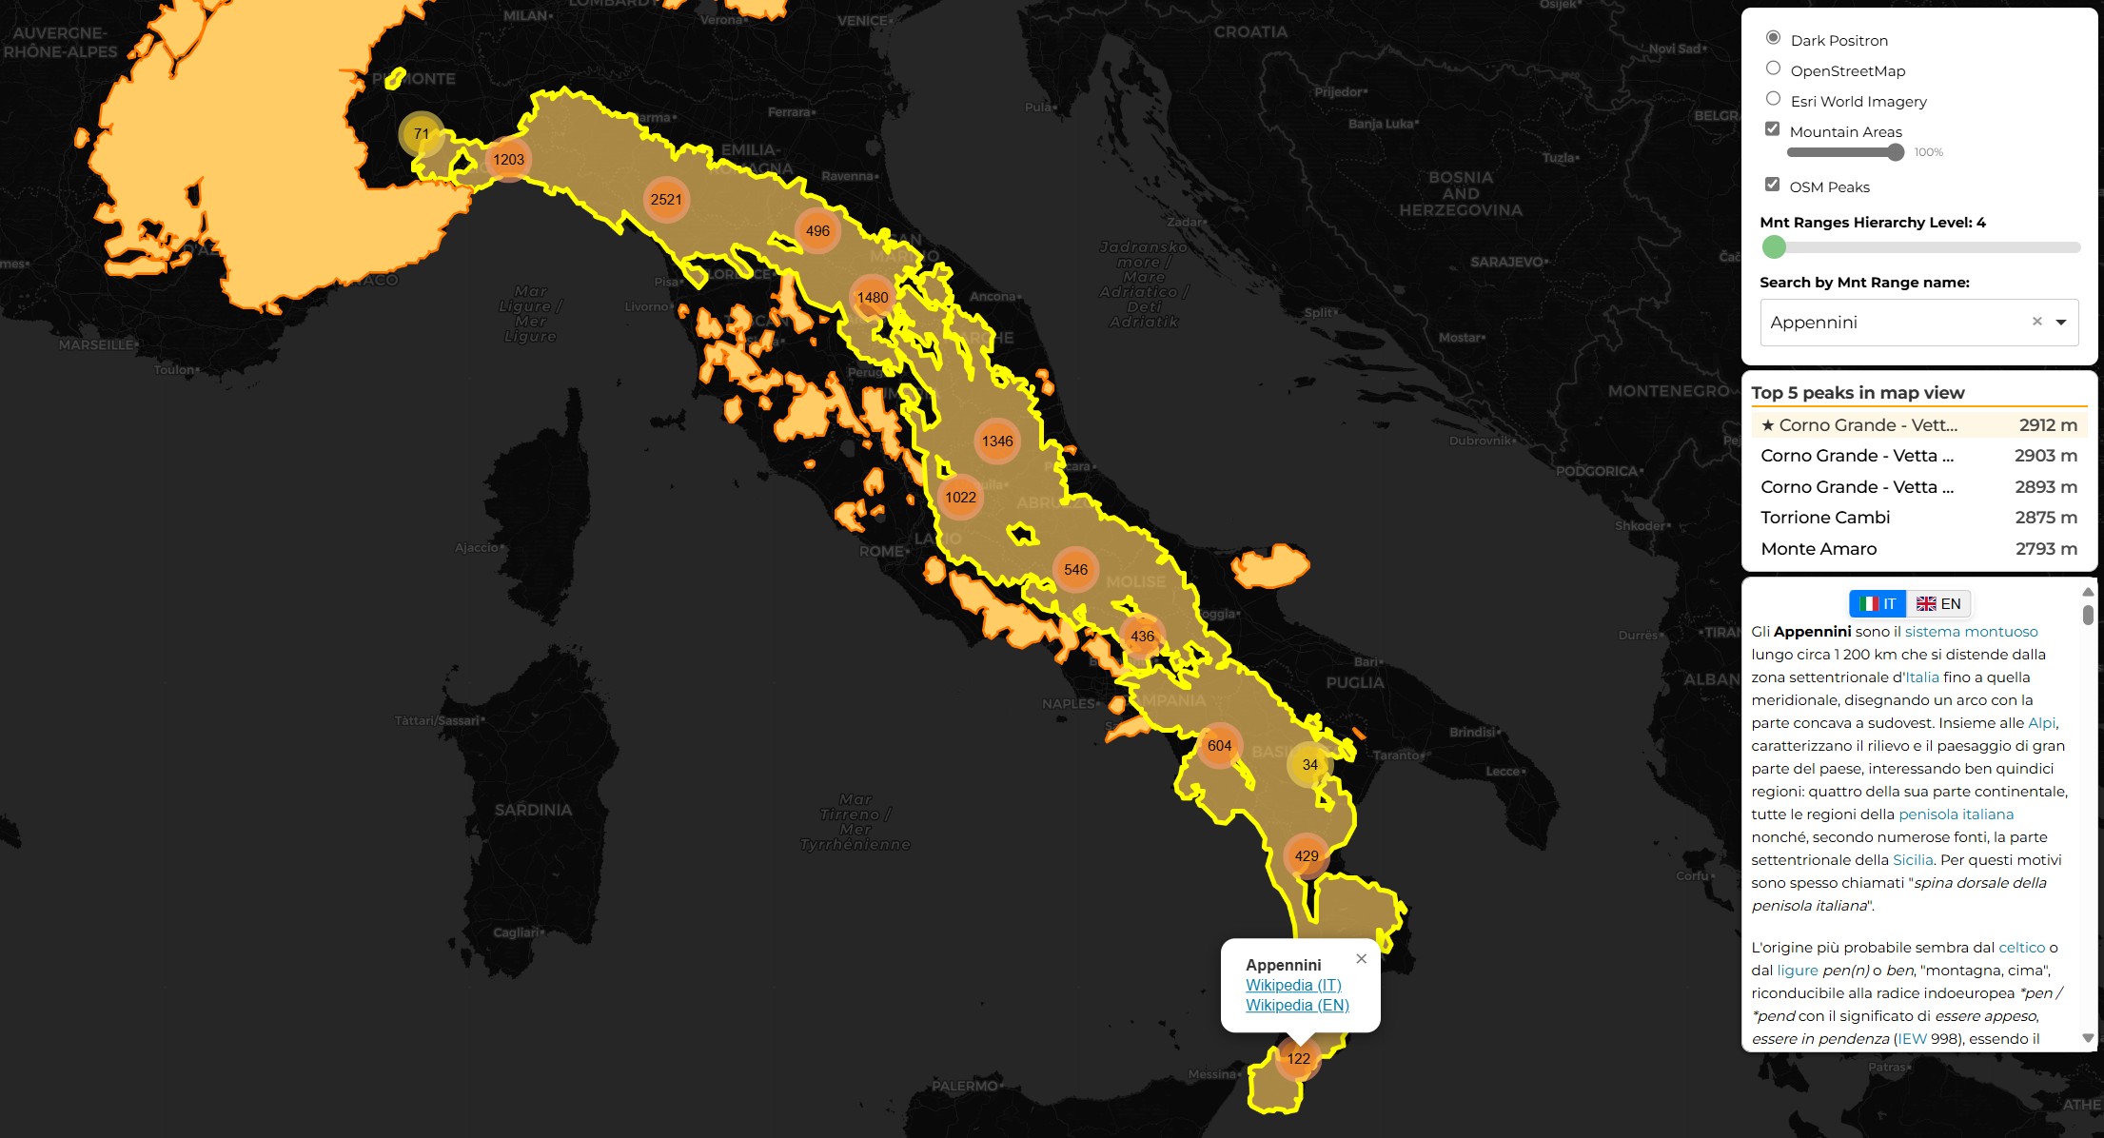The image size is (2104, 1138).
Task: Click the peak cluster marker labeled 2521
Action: pos(666,200)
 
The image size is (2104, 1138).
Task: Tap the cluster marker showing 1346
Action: pos(997,441)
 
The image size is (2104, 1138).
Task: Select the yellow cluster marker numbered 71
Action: pos(421,134)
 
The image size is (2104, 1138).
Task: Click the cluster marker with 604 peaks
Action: pos(1219,746)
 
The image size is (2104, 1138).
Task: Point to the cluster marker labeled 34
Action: pos(1309,765)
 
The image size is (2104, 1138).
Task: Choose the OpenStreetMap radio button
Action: pos(1773,69)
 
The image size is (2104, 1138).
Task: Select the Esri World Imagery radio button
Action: pos(1773,99)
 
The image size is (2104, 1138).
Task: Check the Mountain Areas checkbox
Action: pos(1772,129)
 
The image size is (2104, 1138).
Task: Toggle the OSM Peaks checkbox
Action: pos(1772,185)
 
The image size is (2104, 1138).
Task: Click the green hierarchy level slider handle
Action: pos(1774,247)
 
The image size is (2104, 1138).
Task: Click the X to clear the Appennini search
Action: pos(2036,322)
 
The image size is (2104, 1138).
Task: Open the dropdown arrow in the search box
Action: pos(2061,323)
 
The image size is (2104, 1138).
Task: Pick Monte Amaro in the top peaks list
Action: pos(1819,549)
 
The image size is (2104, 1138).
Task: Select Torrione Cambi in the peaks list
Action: pos(1825,518)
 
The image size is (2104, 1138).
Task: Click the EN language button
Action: pos(1939,604)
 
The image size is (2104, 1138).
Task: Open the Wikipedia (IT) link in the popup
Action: pos(1293,986)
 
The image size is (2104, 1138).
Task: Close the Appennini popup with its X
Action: pos(1362,959)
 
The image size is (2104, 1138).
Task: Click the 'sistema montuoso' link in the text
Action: pos(1971,632)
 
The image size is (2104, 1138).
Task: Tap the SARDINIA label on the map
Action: pos(533,811)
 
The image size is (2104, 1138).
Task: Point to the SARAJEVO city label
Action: pos(1507,262)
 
